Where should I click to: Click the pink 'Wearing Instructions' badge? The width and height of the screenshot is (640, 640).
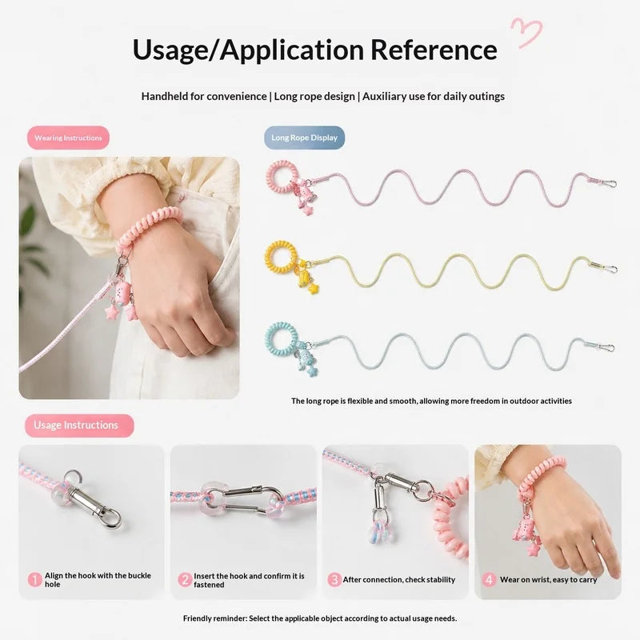point(68,138)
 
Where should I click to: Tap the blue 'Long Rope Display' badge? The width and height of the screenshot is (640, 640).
point(305,138)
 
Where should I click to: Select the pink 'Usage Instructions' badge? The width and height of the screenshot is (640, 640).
point(79,426)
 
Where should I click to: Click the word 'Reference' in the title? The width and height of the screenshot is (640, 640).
point(434,50)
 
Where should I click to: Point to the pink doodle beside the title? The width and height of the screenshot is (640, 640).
point(526,33)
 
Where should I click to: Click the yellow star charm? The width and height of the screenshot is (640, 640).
point(313,289)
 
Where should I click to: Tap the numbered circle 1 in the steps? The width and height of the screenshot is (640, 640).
point(34,579)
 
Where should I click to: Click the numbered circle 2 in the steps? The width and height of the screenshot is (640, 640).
point(185,579)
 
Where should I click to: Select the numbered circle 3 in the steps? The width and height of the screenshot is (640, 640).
point(334,579)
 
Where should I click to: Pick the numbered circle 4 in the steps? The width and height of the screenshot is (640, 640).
point(489,579)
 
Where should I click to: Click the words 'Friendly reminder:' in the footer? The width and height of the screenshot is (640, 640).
point(215,618)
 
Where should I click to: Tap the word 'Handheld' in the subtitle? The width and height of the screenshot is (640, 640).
point(164,96)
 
